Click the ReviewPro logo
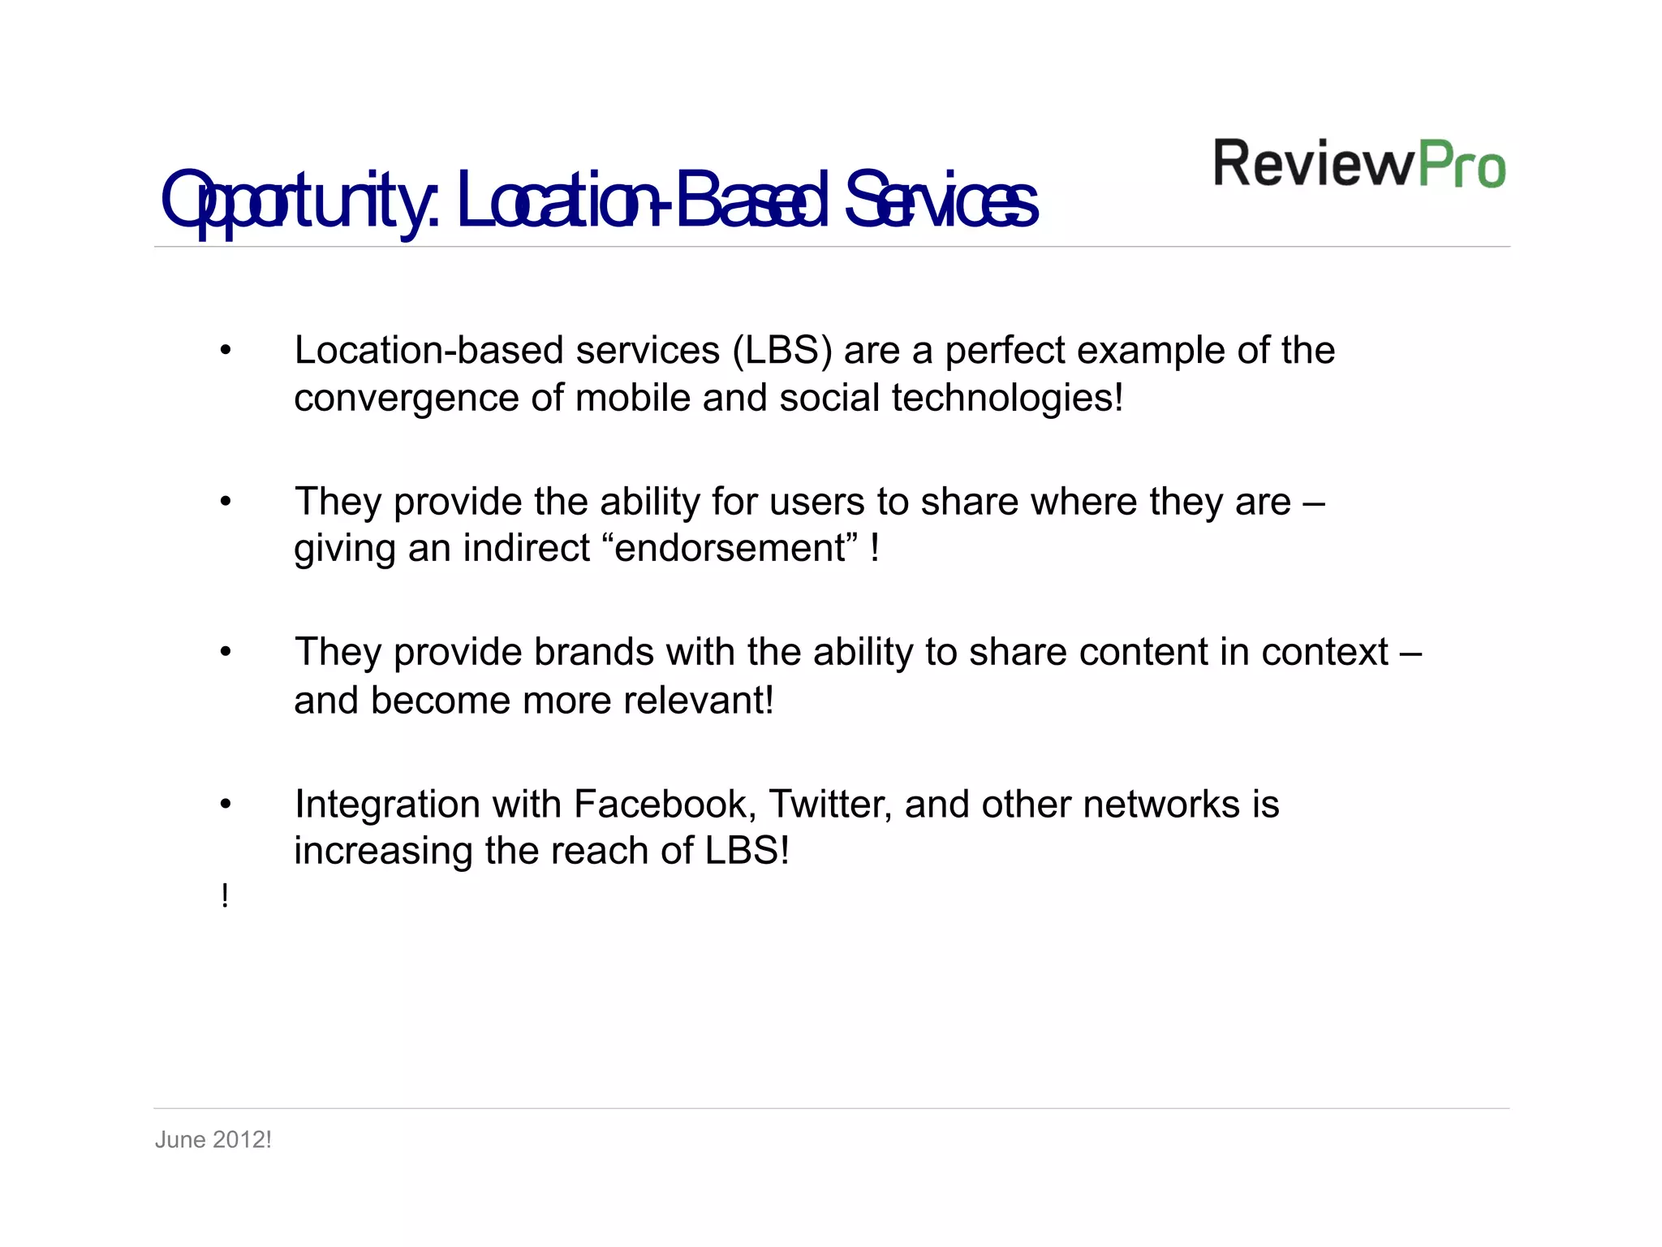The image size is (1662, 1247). tap(1359, 164)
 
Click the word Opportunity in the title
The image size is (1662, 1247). tap(300, 201)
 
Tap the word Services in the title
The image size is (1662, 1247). tap(941, 201)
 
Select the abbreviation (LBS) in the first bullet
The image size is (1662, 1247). tap(782, 351)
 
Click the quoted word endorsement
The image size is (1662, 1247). tap(730, 549)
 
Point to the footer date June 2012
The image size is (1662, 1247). tap(213, 1140)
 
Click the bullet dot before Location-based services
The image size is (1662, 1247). tap(226, 352)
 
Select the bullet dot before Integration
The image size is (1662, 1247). tap(226, 805)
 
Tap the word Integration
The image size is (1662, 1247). tap(387, 805)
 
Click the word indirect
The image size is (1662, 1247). tap(526, 549)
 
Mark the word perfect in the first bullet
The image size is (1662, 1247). tap(1005, 351)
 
